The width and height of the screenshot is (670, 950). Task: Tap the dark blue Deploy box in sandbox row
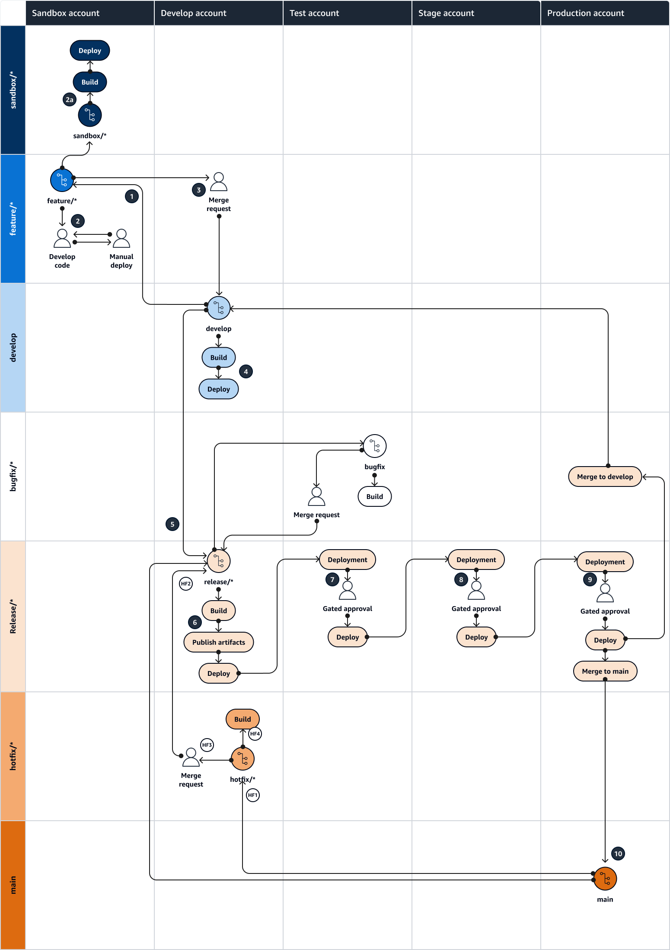90,51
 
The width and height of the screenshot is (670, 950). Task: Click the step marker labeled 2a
69,100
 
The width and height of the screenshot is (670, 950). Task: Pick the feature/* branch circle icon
62,180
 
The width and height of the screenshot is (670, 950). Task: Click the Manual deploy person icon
121,238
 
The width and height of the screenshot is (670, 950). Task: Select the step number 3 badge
198,190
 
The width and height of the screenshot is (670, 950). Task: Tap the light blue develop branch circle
219,308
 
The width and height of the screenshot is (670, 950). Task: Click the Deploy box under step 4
219,389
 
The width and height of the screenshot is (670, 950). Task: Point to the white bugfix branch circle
374,446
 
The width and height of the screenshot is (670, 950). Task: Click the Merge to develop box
605,477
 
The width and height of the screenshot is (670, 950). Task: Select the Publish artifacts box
219,642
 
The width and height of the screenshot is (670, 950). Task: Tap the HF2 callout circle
186,584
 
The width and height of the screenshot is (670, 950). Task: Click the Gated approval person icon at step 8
476,590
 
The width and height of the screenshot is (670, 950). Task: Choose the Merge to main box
605,671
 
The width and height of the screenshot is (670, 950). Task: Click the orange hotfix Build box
242,719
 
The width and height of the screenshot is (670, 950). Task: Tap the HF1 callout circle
253,795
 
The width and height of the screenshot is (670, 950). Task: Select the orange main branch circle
605,879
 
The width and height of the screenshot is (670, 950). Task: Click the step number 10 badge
618,854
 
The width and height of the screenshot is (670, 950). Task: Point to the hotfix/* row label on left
13,756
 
